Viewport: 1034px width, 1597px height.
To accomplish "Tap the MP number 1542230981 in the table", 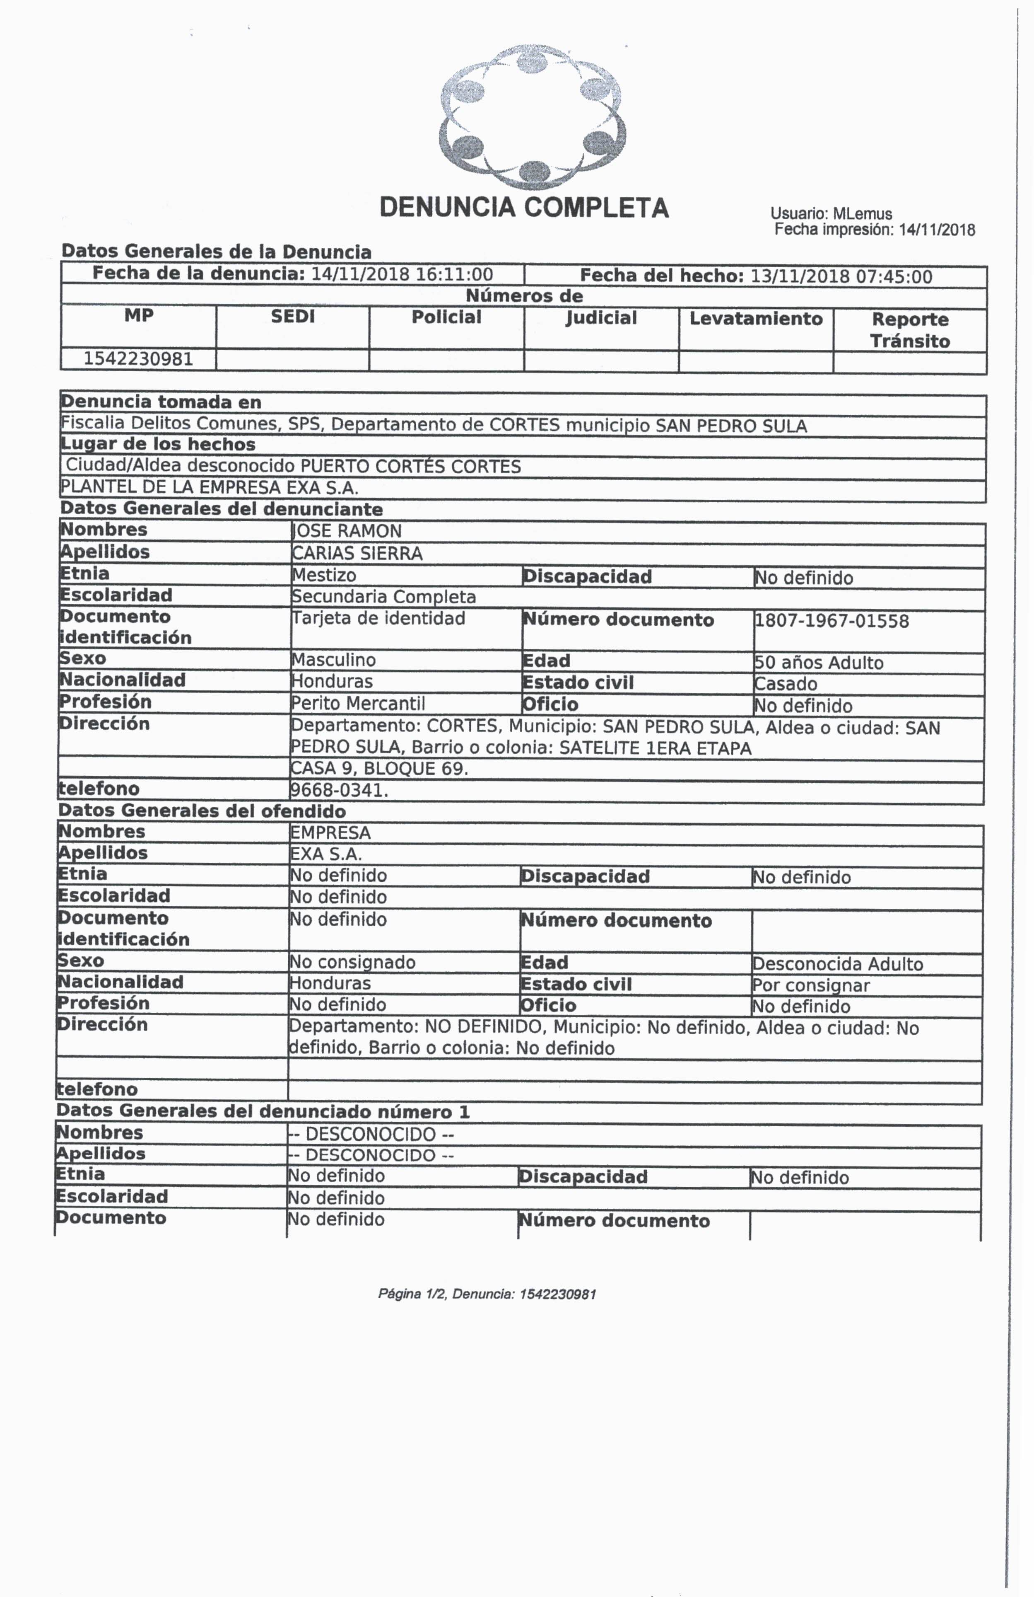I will pos(138,359).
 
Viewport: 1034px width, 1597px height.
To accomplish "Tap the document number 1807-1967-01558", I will pos(832,621).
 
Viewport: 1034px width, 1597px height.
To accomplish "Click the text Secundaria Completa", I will pos(383,597).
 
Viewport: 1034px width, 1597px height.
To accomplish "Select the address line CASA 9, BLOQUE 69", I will pos(379,768).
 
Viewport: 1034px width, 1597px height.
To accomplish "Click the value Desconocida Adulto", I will pos(838,964).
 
